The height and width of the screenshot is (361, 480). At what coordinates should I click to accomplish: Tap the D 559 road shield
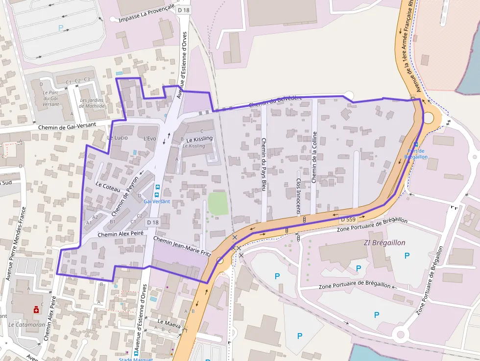click(x=347, y=219)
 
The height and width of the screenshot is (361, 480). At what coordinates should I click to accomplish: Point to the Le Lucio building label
click(x=117, y=138)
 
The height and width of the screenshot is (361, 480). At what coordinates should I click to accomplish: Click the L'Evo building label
click(x=150, y=139)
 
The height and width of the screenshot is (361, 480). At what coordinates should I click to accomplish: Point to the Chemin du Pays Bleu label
click(x=264, y=165)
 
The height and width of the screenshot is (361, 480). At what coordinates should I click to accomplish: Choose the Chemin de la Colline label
click(x=314, y=157)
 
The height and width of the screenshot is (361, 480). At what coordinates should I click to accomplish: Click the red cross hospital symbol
click(x=36, y=310)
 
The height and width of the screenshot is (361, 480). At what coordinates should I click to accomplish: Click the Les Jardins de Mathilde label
click(x=93, y=103)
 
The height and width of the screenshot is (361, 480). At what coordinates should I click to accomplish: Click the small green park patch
click(x=218, y=203)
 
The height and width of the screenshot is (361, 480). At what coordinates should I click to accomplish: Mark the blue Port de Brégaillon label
click(x=416, y=154)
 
